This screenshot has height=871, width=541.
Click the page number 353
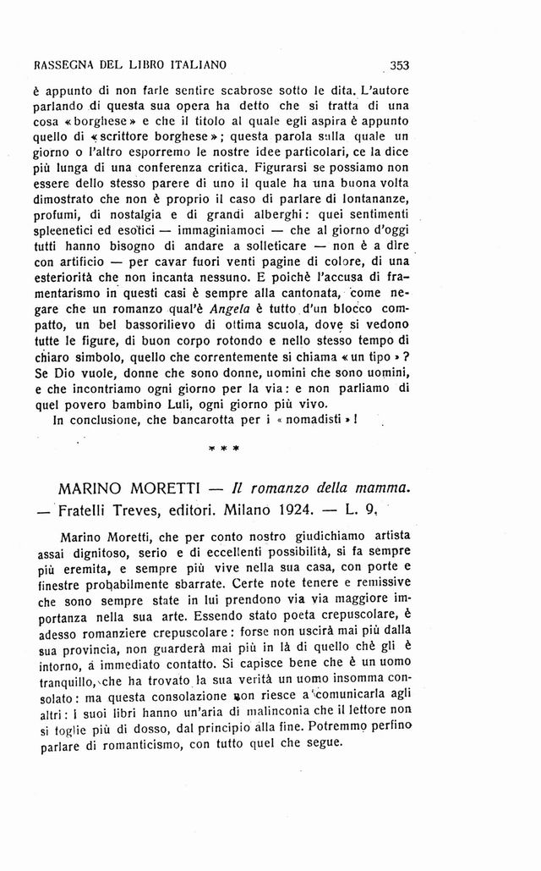pos(396,63)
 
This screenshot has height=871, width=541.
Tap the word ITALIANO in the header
pos(199,64)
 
